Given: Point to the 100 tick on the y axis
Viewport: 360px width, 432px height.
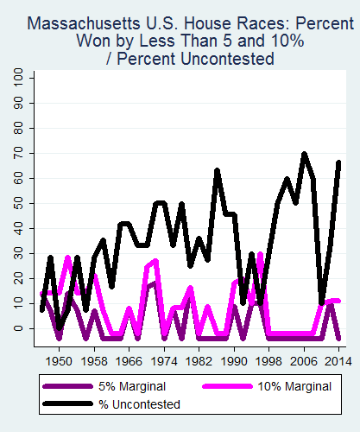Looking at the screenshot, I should [19, 79].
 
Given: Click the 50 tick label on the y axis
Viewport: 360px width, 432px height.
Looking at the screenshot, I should [19, 204].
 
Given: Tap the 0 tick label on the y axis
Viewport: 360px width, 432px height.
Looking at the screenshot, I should [19, 328].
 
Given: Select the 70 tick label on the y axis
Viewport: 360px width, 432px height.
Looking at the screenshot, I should [19, 154].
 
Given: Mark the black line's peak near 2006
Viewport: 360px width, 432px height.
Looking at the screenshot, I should [304, 155].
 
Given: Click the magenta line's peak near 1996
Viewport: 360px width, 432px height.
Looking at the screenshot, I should [260, 255].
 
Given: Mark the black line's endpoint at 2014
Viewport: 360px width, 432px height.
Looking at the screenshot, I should [338, 162].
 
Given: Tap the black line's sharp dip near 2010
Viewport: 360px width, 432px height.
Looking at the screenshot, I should [321, 302].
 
